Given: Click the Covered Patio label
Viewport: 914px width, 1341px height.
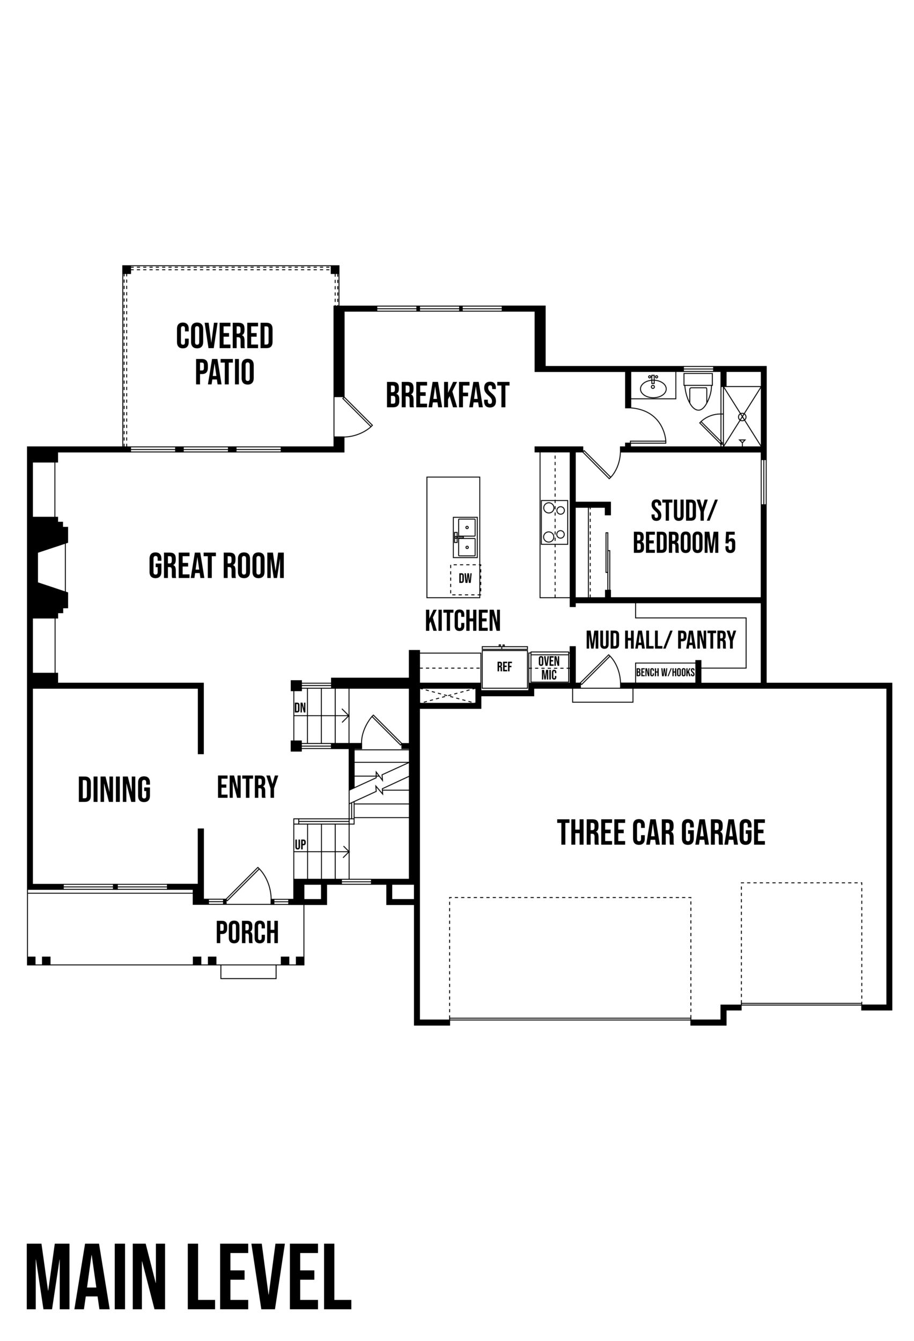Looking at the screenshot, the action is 224,353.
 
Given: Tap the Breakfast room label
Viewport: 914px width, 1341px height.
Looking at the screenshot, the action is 447,395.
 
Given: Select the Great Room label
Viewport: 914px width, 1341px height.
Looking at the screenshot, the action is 216,565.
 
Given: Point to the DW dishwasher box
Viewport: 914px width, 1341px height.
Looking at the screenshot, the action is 465,579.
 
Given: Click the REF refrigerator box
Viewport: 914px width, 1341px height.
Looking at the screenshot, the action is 504,667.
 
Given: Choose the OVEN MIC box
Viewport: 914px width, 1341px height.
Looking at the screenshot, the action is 549,668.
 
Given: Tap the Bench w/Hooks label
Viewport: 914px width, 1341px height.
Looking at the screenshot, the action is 665,672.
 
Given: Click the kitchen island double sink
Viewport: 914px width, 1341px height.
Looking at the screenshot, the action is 465,537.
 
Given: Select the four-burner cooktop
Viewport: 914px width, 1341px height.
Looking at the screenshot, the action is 554,522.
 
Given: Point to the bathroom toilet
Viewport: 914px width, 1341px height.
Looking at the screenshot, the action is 698,392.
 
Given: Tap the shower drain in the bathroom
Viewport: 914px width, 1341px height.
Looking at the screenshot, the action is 742,416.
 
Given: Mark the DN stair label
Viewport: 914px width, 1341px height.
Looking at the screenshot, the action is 300,708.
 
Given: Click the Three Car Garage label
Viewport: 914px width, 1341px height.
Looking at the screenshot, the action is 661,832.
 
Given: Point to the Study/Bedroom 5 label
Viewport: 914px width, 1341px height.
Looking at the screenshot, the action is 684,526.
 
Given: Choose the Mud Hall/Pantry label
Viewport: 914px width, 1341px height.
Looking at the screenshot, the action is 661,639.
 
